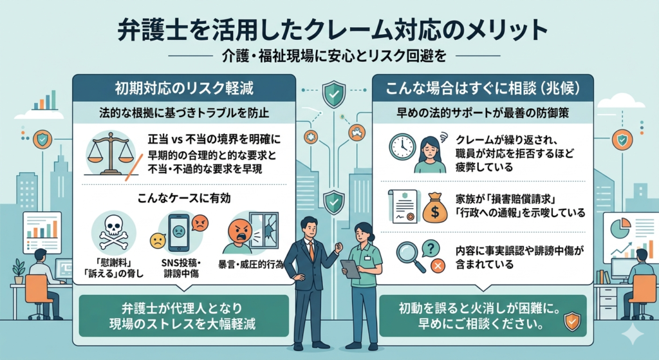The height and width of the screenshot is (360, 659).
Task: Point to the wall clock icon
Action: click(x=402, y=147)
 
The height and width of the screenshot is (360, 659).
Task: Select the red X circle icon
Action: click(x=438, y=265)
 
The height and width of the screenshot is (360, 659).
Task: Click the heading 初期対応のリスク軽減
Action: click(x=183, y=88)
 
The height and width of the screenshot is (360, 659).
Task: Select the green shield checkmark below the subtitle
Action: click(x=332, y=97)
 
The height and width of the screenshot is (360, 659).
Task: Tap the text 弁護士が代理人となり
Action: click(x=183, y=307)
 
